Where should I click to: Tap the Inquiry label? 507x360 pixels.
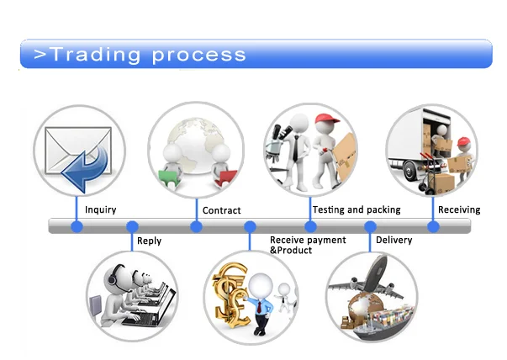[x=101, y=209]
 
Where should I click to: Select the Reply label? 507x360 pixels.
[x=149, y=241]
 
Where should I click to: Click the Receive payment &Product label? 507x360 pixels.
[x=308, y=245]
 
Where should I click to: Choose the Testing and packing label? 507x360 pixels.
[x=356, y=209]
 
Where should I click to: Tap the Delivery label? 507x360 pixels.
[x=393, y=241]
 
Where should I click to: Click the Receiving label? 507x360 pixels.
[x=459, y=209]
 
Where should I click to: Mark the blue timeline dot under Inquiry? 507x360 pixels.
[x=77, y=226]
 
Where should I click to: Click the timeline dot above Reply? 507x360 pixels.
[x=132, y=226]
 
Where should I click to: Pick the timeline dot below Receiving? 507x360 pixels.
[x=434, y=226]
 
